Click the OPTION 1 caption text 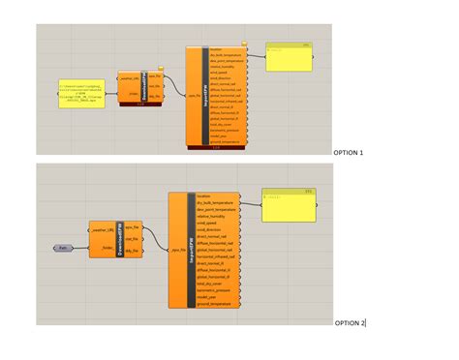(x=348, y=153)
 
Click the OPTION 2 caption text (x=350, y=322)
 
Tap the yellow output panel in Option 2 (x=288, y=206)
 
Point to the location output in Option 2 (x=203, y=196)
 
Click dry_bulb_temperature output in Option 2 (x=217, y=203)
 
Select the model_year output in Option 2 (x=207, y=296)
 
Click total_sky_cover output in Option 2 (x=210, y=283)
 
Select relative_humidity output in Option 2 (x=214, y=216)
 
